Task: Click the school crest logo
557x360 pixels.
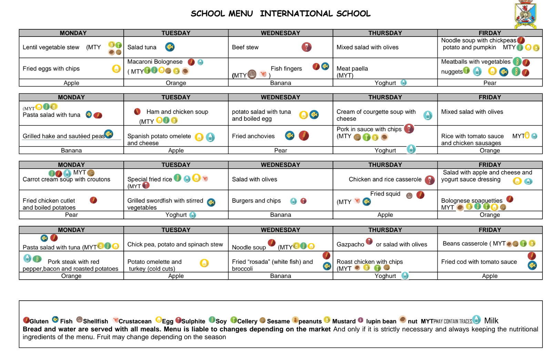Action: [525, 14]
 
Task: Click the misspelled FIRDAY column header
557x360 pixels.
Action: [489, 33]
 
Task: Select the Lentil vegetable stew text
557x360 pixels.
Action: [51, 47]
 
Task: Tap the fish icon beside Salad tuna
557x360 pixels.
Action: [170, 47]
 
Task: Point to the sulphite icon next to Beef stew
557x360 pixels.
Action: [306, 47]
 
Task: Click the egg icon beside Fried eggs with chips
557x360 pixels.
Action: [117, 69]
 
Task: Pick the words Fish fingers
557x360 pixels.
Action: [286, 69]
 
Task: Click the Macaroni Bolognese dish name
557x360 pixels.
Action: [155, 62]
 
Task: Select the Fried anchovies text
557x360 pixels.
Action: [253, 136]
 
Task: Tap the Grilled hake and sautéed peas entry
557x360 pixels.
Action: [63, 136]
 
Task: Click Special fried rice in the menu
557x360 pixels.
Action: [150, 179]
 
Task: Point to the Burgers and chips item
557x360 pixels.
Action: [256, 201]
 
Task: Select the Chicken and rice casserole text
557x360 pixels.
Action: [385, 179]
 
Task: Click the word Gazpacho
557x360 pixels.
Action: [350, 244]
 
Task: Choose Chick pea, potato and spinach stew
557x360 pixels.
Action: [175, 244]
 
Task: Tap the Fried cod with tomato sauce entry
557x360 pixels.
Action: [479, 262]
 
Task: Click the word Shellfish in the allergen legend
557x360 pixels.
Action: [95, 321]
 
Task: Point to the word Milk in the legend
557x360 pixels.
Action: [491, 321]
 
